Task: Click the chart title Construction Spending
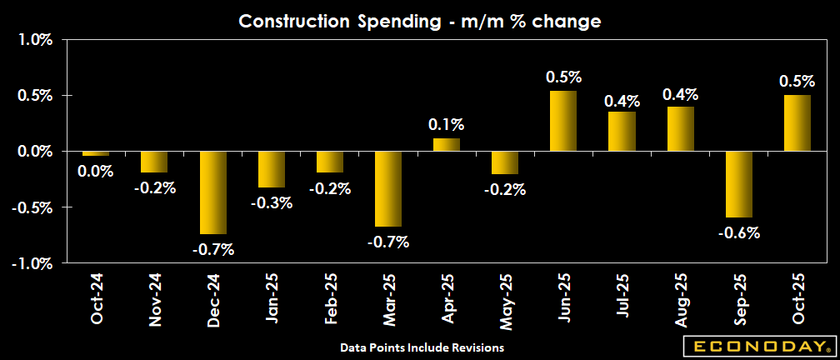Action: [420, 22]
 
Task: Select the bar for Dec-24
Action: [213, 192]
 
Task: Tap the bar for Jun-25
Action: [563, 121]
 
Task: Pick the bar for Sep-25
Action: [738, 184]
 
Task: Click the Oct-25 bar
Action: [797, 123]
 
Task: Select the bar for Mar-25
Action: [388, 189]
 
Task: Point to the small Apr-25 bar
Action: [447, 145]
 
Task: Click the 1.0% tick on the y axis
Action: [33, 40]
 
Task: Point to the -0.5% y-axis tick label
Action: [32, 207]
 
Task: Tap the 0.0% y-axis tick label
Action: [33, 152]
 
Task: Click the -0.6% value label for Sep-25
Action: [738, 233]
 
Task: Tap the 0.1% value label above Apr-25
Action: [447, 125]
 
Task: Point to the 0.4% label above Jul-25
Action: [622, 101]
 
